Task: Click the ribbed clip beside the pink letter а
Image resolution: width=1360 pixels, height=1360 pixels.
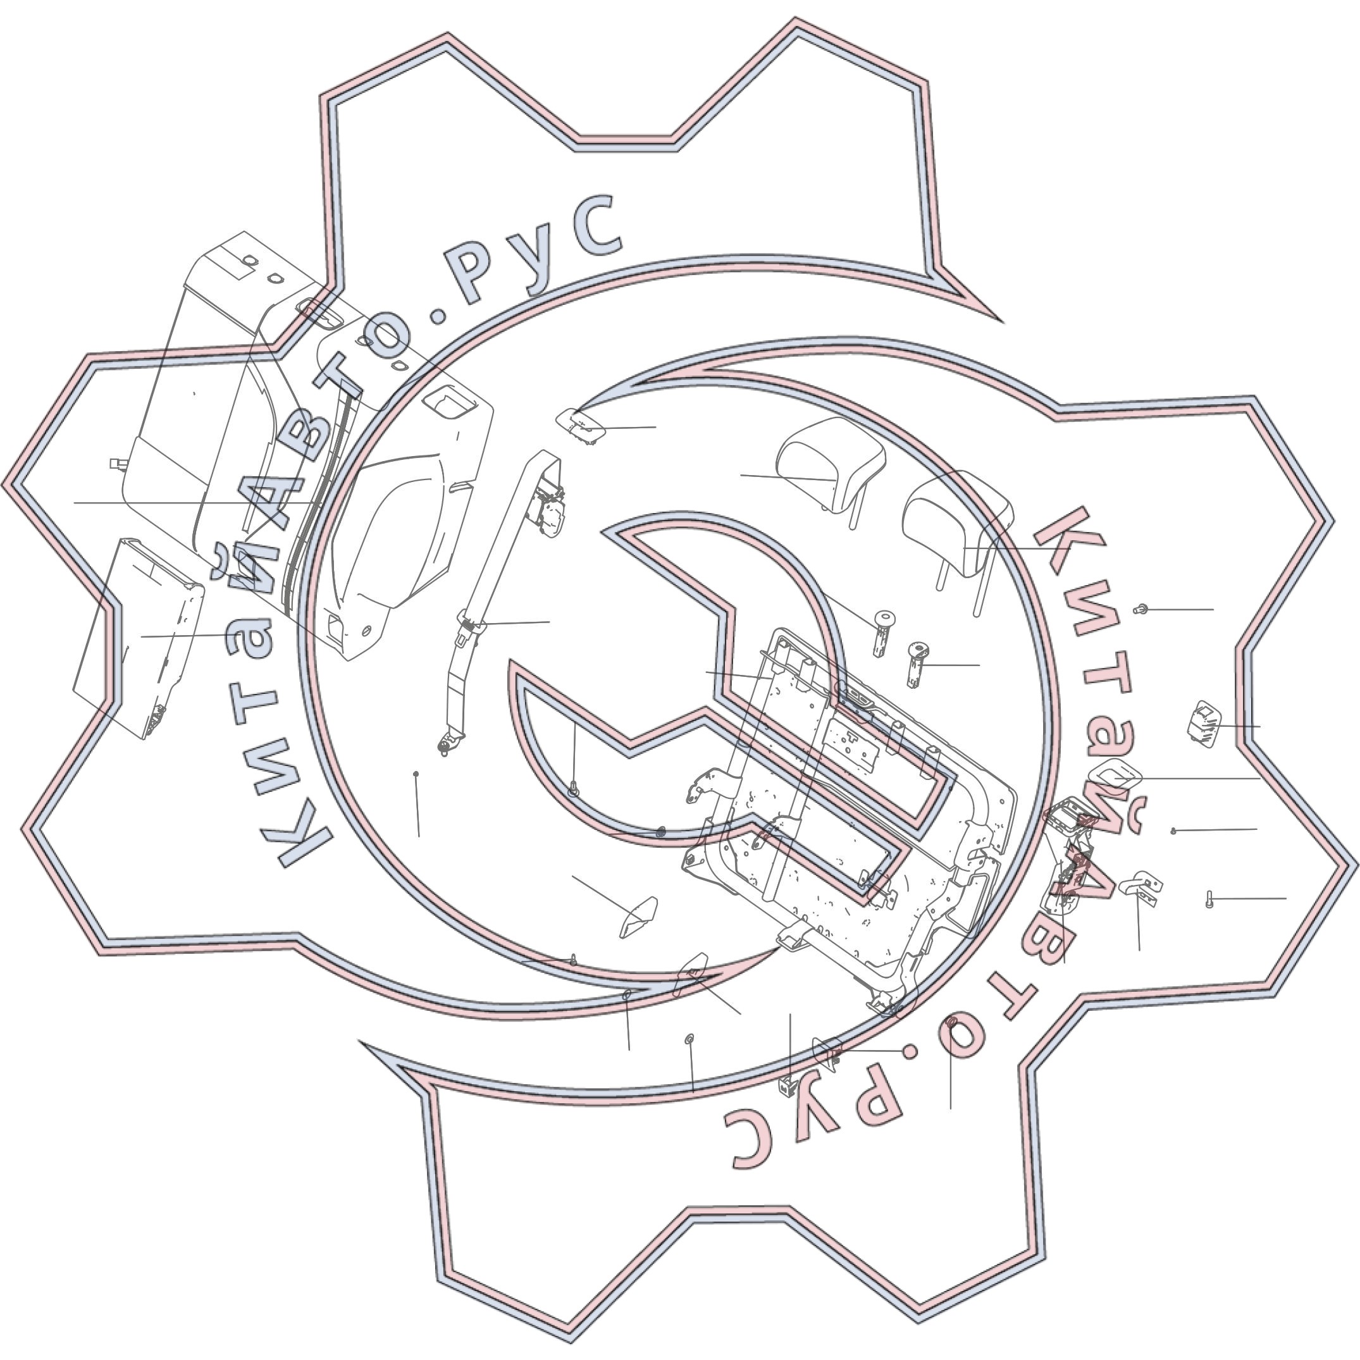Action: [x=1204, y=724]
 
